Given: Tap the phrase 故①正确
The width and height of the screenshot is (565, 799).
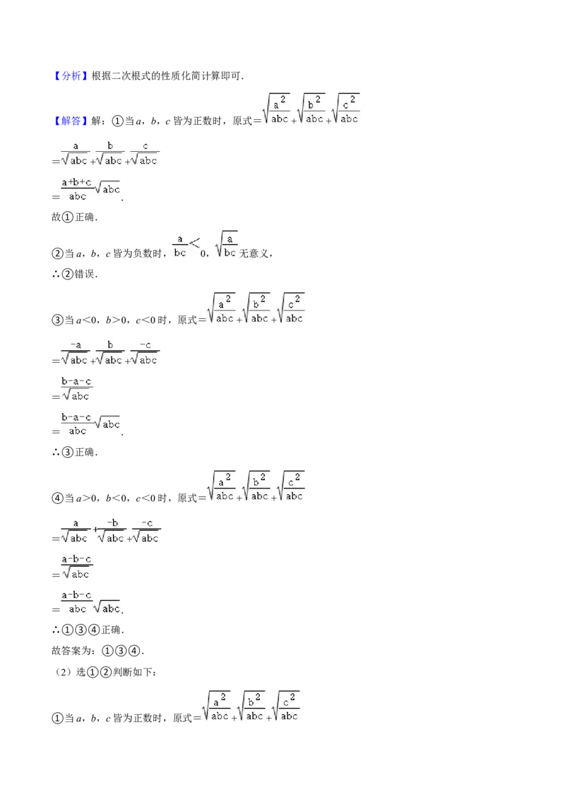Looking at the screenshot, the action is [74, 217].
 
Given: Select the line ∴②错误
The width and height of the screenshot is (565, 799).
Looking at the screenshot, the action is [74, 274].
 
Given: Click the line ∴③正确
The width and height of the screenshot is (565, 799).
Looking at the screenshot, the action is [74, 452].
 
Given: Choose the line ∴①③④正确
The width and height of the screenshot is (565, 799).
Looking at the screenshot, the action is [88, 630].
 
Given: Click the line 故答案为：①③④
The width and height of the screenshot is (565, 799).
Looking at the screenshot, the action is [98, 651].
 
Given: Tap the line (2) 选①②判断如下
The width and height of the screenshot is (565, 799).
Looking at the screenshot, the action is [105, 673].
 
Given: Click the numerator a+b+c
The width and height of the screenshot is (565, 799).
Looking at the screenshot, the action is [76, 182].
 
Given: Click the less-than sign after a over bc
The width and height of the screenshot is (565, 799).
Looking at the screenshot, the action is [194, 244].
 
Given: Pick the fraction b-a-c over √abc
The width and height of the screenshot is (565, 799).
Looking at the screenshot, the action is [76, 389].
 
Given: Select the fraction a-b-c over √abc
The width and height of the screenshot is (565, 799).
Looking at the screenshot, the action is [76, 567].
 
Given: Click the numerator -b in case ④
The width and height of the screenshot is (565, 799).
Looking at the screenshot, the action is [113, 523].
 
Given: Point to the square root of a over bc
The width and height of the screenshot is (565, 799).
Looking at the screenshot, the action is [227, 244].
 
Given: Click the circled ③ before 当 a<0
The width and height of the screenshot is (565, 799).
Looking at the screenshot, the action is [57, 320].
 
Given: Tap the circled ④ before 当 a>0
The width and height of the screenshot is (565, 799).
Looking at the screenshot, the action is [57, 498].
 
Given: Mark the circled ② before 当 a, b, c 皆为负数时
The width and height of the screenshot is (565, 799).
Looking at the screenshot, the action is [57, 253].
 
